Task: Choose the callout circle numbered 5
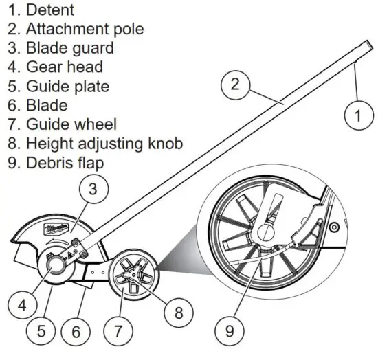point(42,331)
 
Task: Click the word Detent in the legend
point(50,10)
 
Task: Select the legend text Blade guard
point(69,49)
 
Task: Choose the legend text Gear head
point(65,68)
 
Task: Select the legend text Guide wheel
point(71,125)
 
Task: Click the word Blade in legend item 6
point(47,106)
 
